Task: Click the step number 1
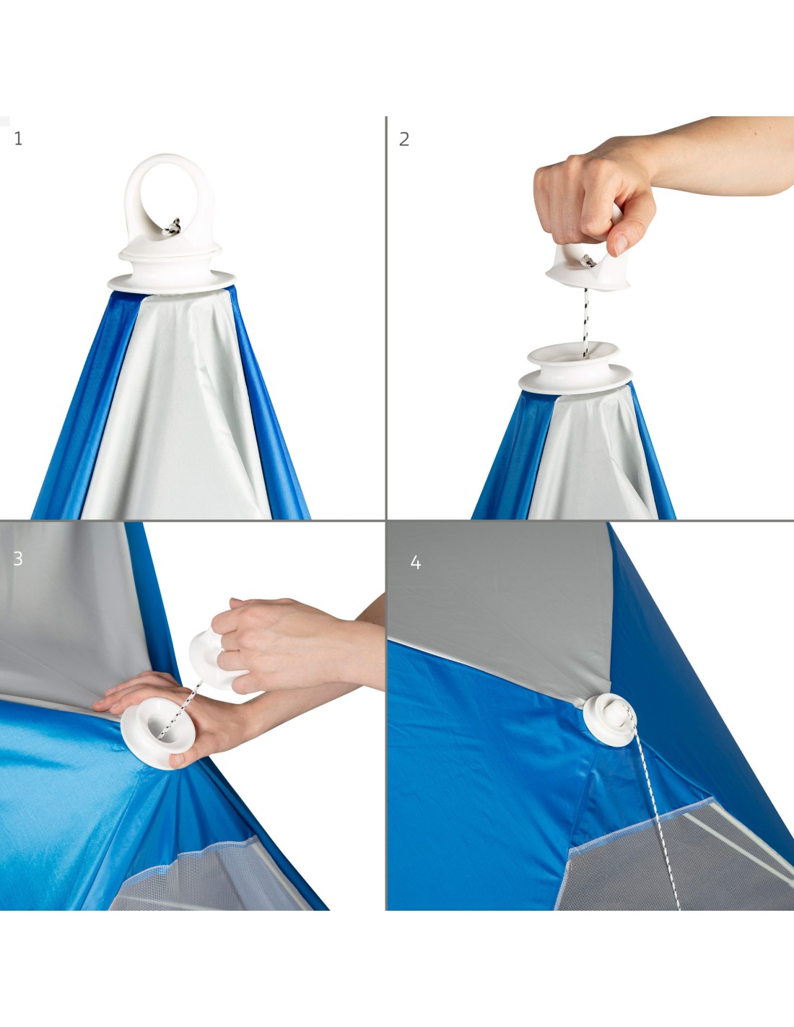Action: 19,139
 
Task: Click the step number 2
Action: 403,139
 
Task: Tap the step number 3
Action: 18,558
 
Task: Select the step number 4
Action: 415,563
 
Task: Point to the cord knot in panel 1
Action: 172,227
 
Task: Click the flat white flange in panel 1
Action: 172,282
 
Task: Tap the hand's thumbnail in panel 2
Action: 621,244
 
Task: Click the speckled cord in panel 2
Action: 585,324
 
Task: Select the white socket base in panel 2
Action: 575,368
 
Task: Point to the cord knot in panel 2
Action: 587,261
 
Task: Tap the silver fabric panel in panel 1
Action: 175,407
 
